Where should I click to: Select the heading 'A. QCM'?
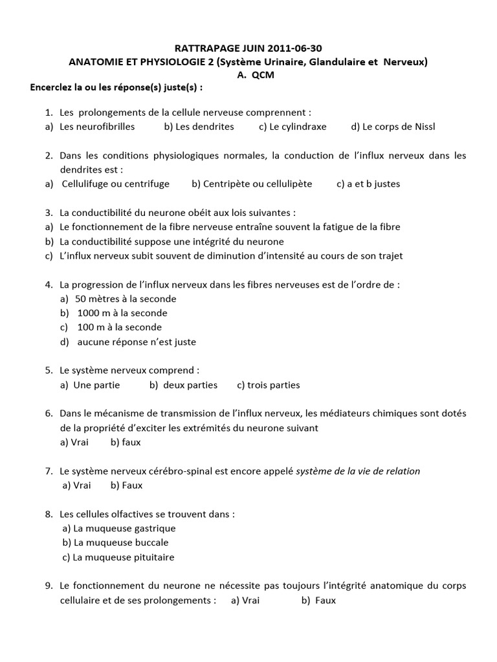[x=249, y=74]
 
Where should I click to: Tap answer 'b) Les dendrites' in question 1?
[x=199, y=127]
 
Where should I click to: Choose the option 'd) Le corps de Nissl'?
[x=393, y=127]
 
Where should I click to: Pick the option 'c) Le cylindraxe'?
[x=293, y=127]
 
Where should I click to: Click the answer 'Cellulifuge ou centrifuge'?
[x=116, y=184]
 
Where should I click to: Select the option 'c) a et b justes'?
[x=368, y=184]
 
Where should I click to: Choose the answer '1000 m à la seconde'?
[x=122, y=313]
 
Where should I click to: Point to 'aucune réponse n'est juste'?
[x=137, y=341]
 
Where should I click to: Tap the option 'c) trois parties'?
[x=269, y=385]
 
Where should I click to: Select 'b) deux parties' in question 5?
[x=183, y=385]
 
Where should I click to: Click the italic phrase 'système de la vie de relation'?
[x=358, y=471]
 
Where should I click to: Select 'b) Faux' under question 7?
[x=126, y=485]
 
